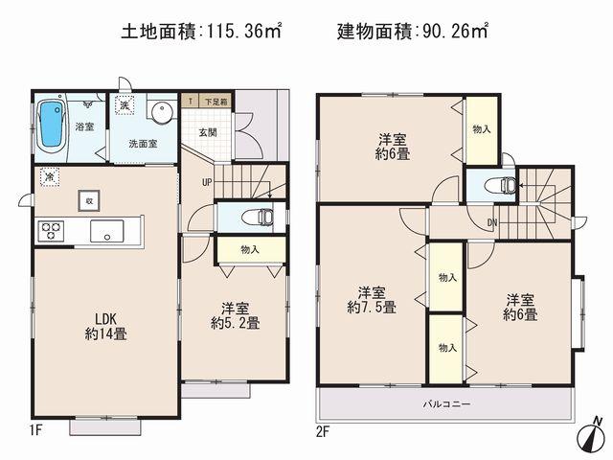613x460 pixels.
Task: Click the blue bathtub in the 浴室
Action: tap(50, 126)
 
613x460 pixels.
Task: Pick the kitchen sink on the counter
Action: tap(106, 231)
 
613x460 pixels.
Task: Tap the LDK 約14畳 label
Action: tap(105, 326)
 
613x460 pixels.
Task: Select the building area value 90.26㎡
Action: tap(450, 32)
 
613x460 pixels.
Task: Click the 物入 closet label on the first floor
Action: tap(250, 249)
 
